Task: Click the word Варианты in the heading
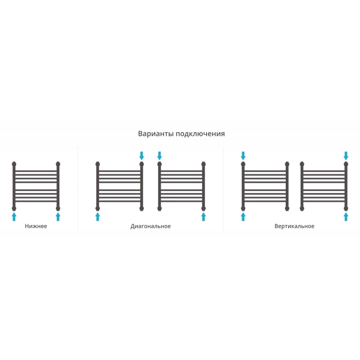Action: point(156,134)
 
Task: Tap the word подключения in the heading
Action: point(200,134)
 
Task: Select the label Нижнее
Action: point(36,226)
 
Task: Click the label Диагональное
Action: point(151,226)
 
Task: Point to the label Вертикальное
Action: point(294,226)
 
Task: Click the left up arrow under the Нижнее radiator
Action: point(14,216)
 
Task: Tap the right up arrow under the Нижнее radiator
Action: point(58,216)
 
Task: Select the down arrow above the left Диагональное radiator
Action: point(142,156)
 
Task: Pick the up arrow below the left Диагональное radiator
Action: point(98,216)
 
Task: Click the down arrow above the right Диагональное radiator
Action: point(160,156)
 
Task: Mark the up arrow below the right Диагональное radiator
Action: point(203,216)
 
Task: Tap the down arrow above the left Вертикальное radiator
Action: point(243,156)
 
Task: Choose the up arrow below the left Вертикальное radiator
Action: point(243,216)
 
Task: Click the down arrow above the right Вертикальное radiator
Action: point(346,156)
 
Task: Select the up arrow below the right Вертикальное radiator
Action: point(346,216)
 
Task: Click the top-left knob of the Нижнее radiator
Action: point(14,164)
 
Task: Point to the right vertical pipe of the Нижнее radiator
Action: point(58,186)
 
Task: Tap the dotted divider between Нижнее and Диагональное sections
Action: point(78,189)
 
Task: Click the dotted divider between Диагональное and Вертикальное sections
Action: point(223,189)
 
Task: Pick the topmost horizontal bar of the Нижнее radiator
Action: point(36,171)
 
